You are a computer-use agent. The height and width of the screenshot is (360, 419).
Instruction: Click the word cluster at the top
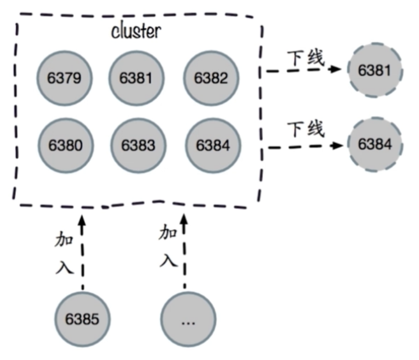pos(136,31)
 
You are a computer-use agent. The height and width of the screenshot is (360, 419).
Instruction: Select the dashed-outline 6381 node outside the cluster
pos(375,70)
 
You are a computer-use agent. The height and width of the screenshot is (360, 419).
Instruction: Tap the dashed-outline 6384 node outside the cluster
pos(375,144)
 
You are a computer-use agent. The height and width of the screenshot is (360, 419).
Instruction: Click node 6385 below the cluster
pos(82,319)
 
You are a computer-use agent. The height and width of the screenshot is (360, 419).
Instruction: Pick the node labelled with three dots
pos(188,319)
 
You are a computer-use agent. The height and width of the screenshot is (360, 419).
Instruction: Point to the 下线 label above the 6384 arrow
pos(305,129)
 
